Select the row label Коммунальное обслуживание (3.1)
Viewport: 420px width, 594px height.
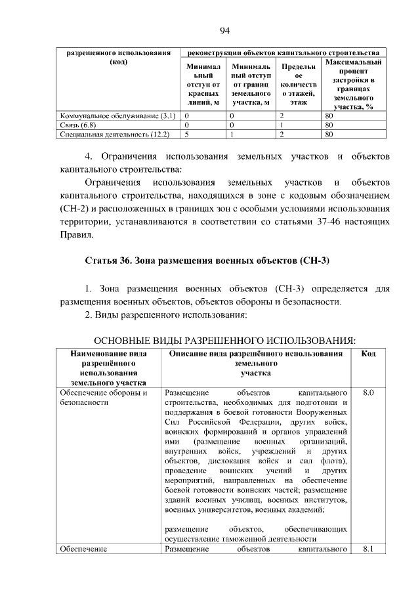click(x=115, y=116)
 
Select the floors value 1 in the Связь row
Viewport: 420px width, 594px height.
click(x=280, y=125)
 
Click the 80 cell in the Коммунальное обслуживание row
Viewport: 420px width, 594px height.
click(x=329, y=116)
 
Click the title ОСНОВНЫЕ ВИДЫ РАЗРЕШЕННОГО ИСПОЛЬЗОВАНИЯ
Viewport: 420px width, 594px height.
click(x=225, y=341)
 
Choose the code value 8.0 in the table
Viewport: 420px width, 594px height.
click(x=368, y=392)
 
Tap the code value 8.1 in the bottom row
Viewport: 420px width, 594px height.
click(x=368, y=549)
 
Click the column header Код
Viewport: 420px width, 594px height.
click(x=368, y=354)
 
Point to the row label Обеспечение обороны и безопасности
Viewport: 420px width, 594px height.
click(x=103, y=397)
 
